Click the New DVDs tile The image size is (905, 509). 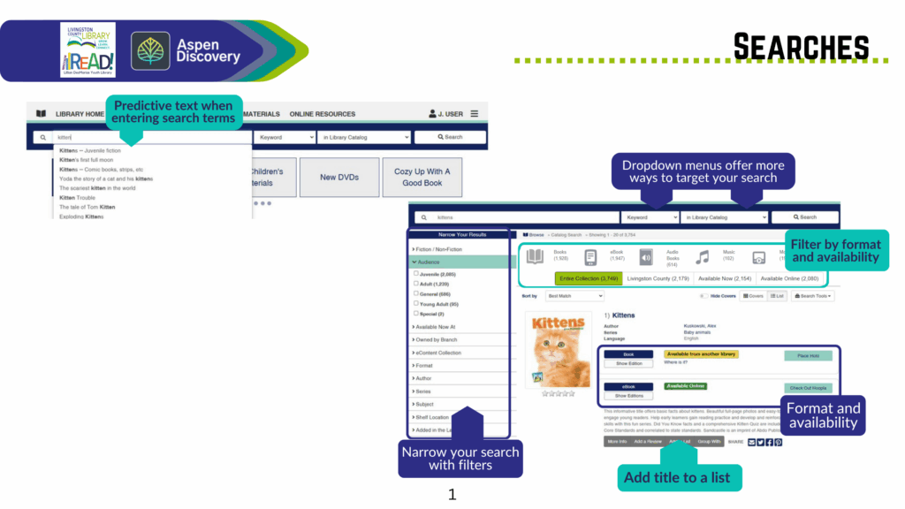[x=339, y=178]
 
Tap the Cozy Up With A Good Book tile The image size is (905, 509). [x=422, y=178]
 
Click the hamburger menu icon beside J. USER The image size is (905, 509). [x=475, y=114]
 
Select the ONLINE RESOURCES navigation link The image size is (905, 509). [x=323, y=114]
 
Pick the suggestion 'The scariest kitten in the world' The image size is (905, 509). [x=97, y=188]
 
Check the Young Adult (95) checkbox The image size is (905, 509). [x=416, y=303]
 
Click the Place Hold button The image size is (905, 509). [x=808, y=356]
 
